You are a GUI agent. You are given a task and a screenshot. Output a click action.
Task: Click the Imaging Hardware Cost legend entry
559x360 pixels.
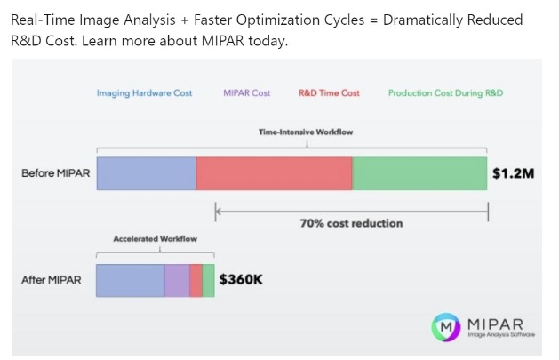[144, 93]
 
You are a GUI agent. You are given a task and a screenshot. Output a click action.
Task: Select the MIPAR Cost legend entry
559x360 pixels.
[247, 93]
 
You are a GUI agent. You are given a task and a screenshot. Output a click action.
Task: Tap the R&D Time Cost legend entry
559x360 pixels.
[329, 93]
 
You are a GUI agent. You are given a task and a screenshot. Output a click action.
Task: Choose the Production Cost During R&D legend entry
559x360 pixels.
[445, 93]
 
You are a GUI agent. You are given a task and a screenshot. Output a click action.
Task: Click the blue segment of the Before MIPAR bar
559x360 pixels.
[146, 173]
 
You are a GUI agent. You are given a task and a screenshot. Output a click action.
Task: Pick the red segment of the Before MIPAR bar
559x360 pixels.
[274, 173]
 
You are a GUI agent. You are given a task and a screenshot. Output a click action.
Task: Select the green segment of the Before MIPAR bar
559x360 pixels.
[419, 173]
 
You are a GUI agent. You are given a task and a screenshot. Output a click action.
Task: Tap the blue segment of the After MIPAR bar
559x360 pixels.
[131, 281]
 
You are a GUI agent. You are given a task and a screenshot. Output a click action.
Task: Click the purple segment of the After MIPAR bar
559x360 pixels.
[177, 281]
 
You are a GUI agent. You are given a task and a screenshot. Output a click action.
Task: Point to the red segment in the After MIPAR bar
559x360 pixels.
[196, 281]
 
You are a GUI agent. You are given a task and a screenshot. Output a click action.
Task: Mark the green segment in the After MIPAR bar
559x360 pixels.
[208, 281]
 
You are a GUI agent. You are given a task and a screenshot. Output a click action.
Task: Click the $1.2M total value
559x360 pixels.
[514, 173]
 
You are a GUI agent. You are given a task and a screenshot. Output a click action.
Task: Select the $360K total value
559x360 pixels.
[241, 279]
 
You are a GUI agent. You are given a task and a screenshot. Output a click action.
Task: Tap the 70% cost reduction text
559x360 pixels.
[352, 223]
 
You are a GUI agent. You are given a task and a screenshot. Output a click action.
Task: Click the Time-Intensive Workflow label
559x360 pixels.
[306, 132]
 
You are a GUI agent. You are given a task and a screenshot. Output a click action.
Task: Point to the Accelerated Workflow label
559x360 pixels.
[155, 239]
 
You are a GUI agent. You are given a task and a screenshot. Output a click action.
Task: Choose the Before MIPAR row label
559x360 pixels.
[56, 173]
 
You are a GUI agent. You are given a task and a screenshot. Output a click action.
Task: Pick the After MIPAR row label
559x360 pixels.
[52, 280]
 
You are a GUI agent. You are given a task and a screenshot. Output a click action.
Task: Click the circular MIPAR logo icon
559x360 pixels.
[446, 327]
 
